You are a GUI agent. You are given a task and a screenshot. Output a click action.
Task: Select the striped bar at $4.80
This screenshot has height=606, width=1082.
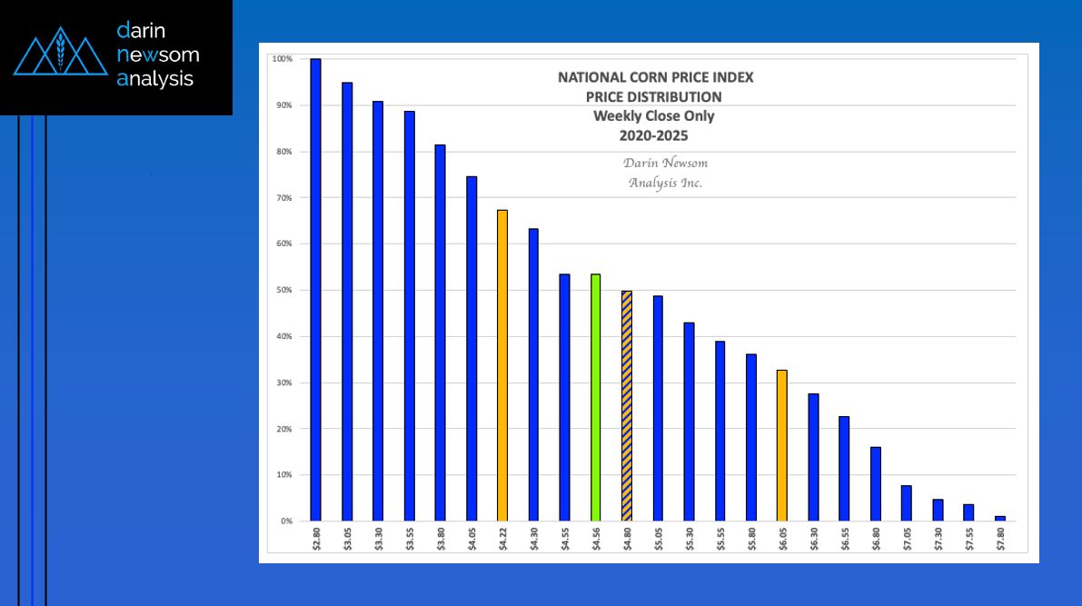626,405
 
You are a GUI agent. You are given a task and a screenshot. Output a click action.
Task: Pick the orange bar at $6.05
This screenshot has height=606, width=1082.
781,445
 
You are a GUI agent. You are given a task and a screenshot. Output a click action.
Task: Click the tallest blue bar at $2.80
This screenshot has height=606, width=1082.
315,290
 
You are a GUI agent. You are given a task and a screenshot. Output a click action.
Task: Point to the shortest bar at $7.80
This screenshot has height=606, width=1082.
999,519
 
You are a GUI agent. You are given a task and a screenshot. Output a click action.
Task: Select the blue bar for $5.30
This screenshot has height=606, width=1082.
689,422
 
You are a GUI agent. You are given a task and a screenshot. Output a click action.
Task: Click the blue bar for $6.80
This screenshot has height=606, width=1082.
875,484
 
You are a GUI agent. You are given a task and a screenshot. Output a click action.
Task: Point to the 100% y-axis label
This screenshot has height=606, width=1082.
282,59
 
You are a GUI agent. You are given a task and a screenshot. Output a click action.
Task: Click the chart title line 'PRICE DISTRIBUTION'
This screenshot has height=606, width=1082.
654,96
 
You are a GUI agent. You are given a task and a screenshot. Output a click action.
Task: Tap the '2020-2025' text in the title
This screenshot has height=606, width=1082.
654,135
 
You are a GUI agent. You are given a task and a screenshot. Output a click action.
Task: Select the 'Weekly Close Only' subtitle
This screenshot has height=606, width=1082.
654,116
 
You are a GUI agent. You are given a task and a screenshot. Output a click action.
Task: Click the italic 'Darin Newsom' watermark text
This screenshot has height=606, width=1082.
665,163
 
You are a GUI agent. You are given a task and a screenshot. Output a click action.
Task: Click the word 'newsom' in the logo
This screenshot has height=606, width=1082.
158,55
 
